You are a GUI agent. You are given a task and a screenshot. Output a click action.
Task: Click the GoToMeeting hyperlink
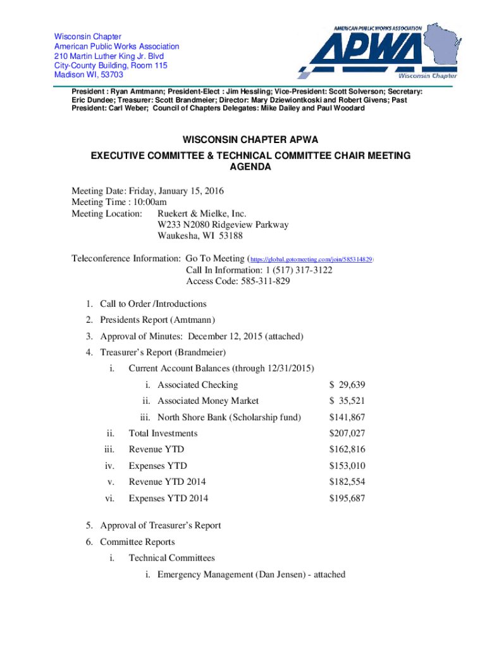point(312,259)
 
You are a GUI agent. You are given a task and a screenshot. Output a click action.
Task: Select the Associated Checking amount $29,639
point(347,385)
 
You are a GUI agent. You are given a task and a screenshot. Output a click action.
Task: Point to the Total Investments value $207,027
point(347,433)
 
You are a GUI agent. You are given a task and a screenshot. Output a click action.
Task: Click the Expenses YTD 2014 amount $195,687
point(347,499)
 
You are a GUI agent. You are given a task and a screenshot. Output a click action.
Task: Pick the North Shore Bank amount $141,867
point(347,417)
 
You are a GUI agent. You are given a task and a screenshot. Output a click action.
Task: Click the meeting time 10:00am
point(147,202)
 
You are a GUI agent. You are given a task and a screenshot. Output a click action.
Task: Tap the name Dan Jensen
point(279,575)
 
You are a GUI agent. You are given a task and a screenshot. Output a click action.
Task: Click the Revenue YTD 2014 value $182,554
point(347,482)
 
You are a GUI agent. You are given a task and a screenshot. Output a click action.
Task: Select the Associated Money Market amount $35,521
point(347,401)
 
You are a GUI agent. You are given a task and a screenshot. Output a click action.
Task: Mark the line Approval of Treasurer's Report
point(161,525)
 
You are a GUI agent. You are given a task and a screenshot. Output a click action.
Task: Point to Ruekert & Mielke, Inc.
point(202,214)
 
